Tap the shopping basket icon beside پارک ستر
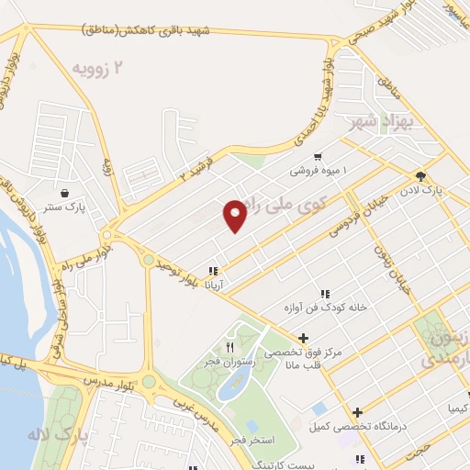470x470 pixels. [67, 193]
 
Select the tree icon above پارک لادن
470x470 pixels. [421, 176]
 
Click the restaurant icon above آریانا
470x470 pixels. [213, 271]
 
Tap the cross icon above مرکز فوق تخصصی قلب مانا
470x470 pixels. [303, 338]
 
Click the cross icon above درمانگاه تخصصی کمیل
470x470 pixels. [357, 411]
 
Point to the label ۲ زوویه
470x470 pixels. [96, 66]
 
